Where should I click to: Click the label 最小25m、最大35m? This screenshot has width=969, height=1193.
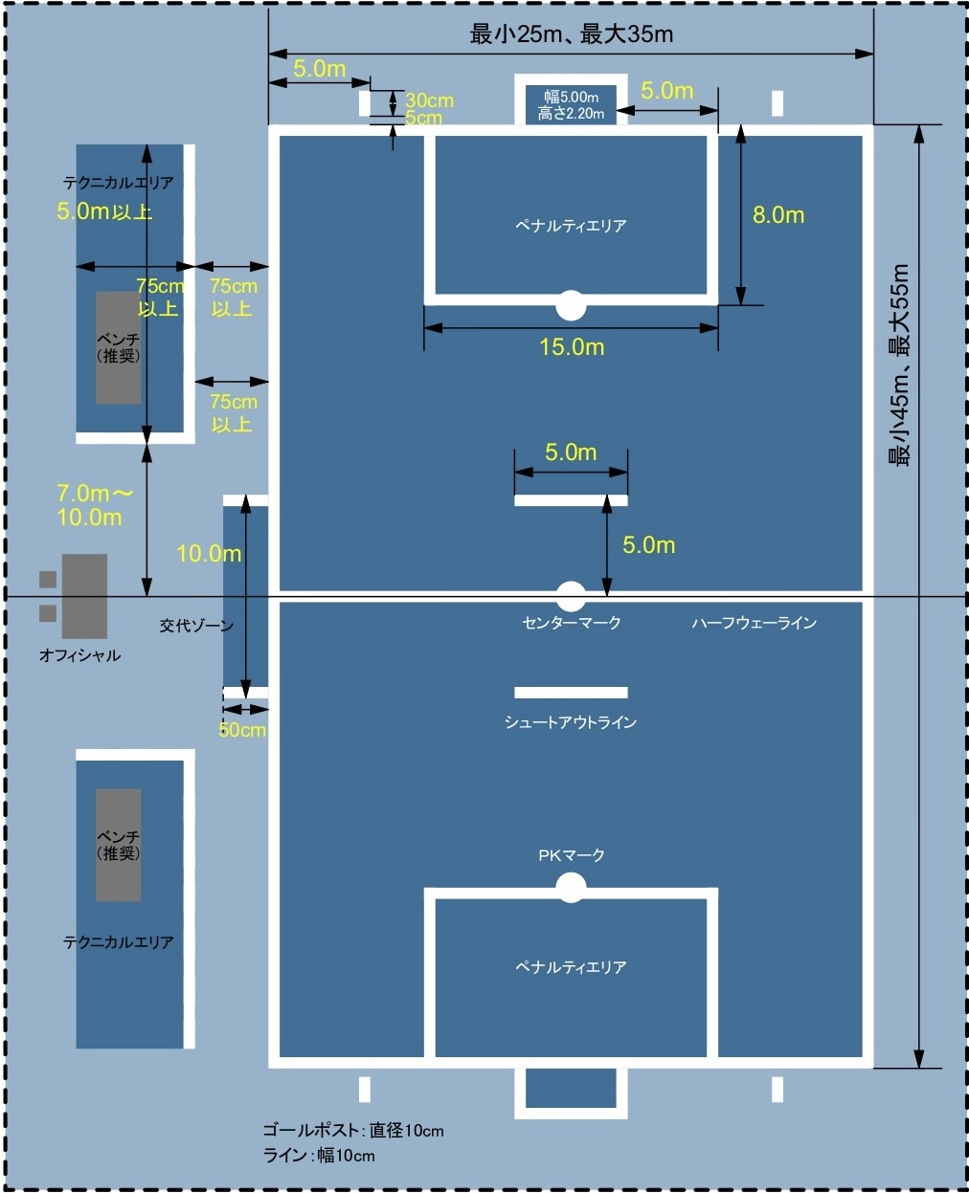coord(571,34)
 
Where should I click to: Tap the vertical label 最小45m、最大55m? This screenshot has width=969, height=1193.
coord(900,365)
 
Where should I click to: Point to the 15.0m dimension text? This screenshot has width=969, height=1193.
coord(572,346)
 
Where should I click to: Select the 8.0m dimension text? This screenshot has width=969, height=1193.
coord(777,215)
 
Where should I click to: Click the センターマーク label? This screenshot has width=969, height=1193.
coord(572,623)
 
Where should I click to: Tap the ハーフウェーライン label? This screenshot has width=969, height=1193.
coord(755,623)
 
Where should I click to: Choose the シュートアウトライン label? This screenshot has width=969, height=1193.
coord(571,722)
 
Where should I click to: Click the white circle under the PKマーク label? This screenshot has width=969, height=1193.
coord(571,889)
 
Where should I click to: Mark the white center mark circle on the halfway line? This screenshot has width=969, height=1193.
coord(571,596)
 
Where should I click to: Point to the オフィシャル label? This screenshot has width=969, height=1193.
coord(79,655)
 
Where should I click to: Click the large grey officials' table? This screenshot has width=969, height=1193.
coord(84,596)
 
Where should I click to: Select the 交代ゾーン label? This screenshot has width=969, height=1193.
coord(196,626)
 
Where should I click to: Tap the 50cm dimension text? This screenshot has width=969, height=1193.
coord(242,730)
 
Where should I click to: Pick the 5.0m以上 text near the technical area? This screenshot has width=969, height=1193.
coord(104,211)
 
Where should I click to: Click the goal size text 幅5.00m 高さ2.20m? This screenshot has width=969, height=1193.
coord(572,105)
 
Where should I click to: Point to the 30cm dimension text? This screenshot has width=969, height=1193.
coord(429,100)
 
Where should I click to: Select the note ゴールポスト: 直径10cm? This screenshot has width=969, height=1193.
coord(353,1131)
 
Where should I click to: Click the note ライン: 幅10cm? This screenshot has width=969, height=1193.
coord(319,1156)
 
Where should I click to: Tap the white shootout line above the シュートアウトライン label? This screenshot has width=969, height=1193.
coord(571,693)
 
